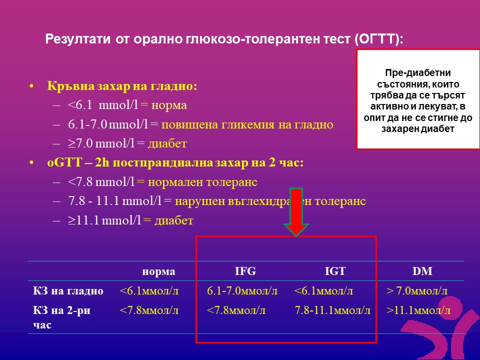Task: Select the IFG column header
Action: pyautogui.click(x=245, y=271)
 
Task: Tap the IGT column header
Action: pyautogui.click(x=335, y=271)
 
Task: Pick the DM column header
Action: pyautogui.click(x=422, y=271)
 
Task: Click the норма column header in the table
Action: pyautogui.click(x=158, y=272)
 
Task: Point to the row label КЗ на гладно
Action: pyautogui.click(x=68, y=291)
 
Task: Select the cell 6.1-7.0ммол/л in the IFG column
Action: pyautogui.click(x=242, y=291)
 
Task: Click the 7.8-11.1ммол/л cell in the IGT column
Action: pyautogui.click(x=332, y=310)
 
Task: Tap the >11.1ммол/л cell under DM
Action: pyautogui.click(x=418, y=310)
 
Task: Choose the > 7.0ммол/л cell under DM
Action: pyautogui.click(x=417, y=291)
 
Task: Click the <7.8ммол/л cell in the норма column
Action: pyautogui.click(x=149, y=310)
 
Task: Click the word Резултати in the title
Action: pyautogui.click(x=78, y=39)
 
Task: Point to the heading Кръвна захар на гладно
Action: pyautogui.click(x=122, y=86)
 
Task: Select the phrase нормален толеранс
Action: pyautogui.click(x=202, y=182)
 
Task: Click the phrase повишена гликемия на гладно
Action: pyautogui.click(x=247, y=125)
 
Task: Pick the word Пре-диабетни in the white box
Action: pyautogui.click(x=418, y=73)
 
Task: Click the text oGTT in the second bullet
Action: pyautogui.click(x=64, y=162)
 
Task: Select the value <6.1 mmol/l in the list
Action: pyautogui.click(x=103, y=105)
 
